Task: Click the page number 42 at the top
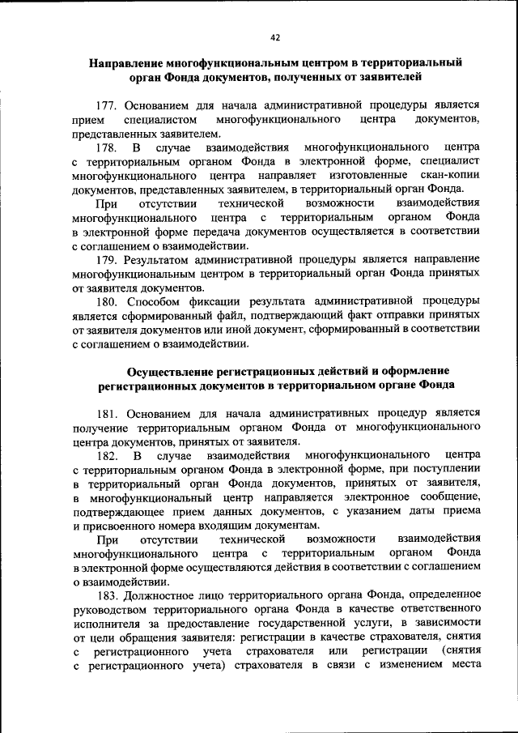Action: click(x=275, y=37)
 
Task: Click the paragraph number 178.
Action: click(x=110, y=147)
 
